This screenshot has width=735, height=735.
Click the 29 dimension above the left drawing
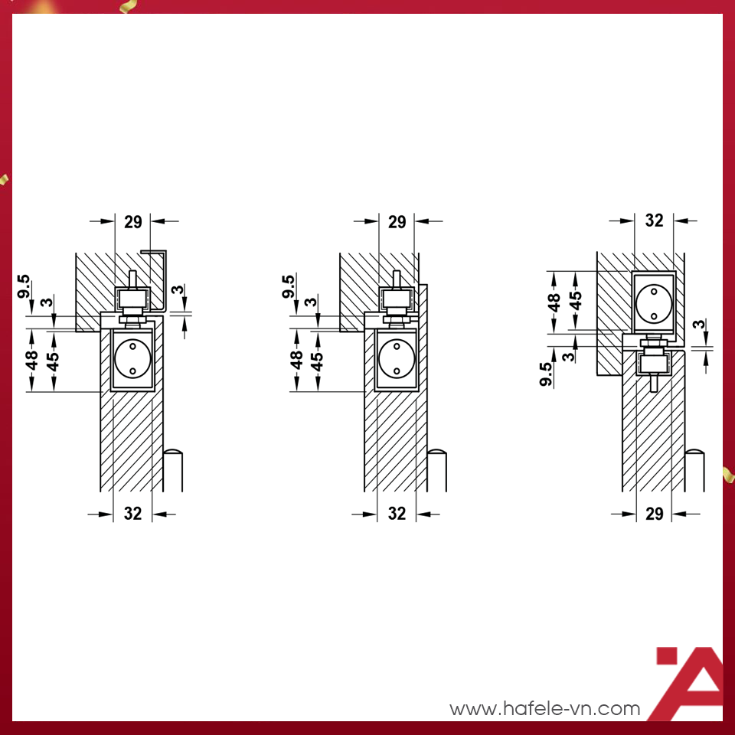(x=132, y=222)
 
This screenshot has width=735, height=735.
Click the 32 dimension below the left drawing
(x=132, y=514)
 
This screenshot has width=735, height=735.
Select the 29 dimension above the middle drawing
(x=397, y=222)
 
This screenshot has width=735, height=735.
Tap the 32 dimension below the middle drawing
(x=397, y=514)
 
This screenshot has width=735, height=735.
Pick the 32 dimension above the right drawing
(x=654, y=220)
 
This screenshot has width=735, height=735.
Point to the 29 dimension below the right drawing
(x=654, y=514)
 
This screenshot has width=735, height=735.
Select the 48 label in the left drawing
(x=31, y=360)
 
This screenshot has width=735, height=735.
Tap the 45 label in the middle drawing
(x=317, y=361)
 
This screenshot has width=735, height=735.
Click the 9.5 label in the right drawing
(x=546, y=374)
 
